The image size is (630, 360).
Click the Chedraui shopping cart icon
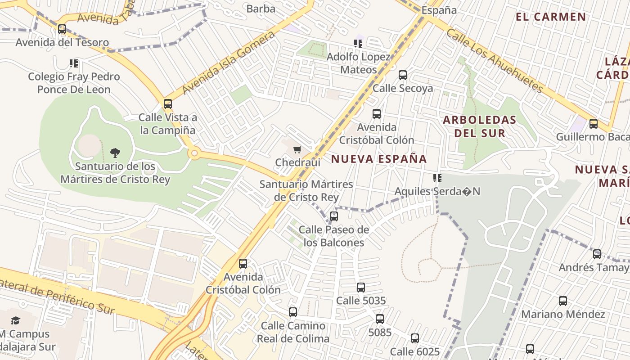(x=297, y=149)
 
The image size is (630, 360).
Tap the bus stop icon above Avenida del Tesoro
(x=62, y=29)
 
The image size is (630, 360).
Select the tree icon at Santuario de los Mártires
(x=115, y=153)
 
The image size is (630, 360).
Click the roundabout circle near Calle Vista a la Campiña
(x=194, y=153)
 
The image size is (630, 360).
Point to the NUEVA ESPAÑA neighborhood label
(x=379, y=159)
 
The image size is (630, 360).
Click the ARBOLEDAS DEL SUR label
(x=479, y=126)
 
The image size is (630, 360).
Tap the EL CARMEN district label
(x=551, y=17)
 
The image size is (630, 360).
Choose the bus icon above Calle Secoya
(x=403, y=75)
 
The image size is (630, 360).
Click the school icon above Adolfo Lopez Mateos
(x=358, y=44)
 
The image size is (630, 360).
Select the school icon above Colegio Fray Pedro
(x=74, y=63)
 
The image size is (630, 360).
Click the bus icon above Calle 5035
(x=360, y=287)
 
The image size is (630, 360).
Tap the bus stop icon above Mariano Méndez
(x=562, y=301)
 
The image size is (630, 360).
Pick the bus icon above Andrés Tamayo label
(x=597, y=254)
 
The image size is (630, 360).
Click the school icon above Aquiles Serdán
(x=437, y=178)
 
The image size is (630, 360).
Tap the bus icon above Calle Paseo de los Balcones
(x=333, y=216)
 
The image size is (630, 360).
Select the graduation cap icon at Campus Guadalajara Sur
(x=16, y=321)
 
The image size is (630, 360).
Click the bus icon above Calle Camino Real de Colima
(x=293, y=312)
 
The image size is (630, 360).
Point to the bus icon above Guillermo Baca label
(x=593, y=124)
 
